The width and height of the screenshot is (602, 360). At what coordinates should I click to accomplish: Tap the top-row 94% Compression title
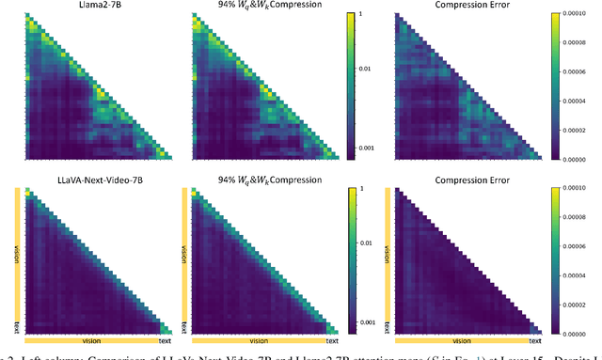click(272, 6)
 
